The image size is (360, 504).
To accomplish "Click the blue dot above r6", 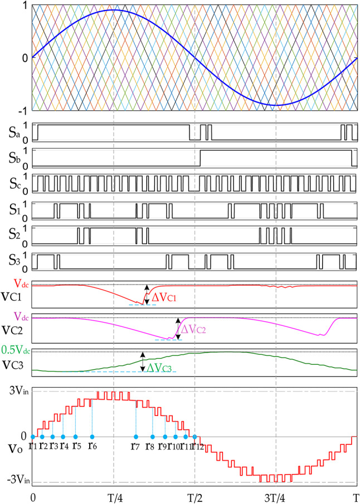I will [x=92, y=436].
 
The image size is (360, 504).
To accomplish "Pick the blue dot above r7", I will [x=135, y=436].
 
